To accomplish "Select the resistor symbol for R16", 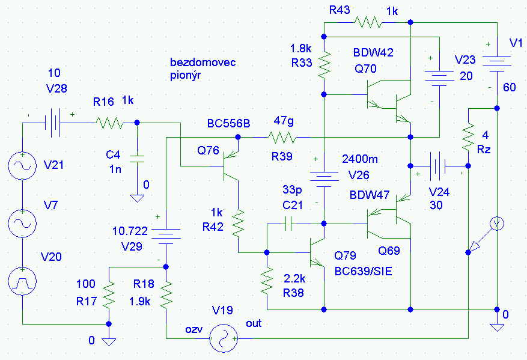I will click(x=108, y=123).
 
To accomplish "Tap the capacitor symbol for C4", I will click(x=137, y=157).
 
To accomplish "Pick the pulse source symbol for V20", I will click(x=22, y=281).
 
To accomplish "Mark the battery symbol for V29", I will click(x=166, y=236).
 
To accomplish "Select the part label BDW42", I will click(x=373, y=53).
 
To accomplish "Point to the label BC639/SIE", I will click(x=363, y=271).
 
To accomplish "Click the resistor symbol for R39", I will click(x=282, y=138).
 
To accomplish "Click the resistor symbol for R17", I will click(x=109, y=295).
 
